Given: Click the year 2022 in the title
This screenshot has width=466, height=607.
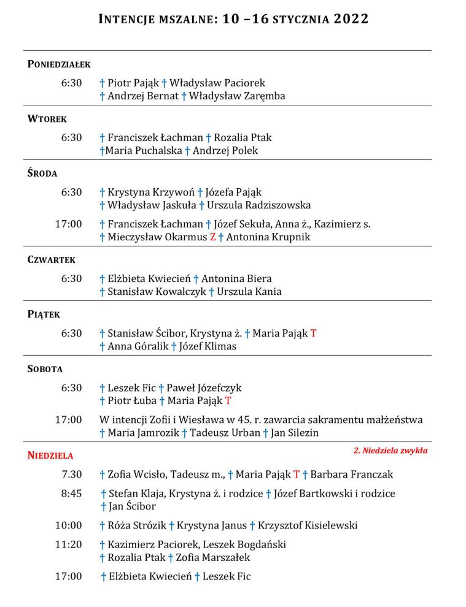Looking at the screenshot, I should (x=351, y=19).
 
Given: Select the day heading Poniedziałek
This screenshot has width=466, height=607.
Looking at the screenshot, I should (x=59, y=64).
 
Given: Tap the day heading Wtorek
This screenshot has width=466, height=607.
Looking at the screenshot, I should (x=47, y=118).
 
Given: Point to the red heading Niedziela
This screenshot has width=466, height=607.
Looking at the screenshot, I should (x=50, y=456).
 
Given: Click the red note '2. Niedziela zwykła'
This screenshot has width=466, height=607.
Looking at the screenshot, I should (x=390, y=451).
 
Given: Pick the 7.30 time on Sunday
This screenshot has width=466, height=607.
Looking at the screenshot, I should (x=71, y=475).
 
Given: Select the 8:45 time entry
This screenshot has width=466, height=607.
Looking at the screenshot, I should (x=71, y=494).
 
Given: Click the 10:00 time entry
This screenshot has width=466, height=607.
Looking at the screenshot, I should (x=69, y=525).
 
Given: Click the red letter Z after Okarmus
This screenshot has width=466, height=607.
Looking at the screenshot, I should (x=213, y=237).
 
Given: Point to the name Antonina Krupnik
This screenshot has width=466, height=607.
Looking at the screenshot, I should (x=268, y=237).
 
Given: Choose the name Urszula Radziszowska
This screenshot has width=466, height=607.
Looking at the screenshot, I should (x=259, y=205).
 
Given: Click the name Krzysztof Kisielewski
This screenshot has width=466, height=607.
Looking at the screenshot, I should (x=308, y=525).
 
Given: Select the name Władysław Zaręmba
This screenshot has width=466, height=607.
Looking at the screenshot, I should (x=237, y=96).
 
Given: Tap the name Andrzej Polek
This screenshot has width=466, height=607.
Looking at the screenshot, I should (x=225, y=151).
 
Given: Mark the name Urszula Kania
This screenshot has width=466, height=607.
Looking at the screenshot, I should (x=249, y=292).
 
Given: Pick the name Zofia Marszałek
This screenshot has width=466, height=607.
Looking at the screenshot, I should (x=213, y=558).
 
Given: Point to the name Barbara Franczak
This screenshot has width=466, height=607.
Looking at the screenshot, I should (x=352, y=475).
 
